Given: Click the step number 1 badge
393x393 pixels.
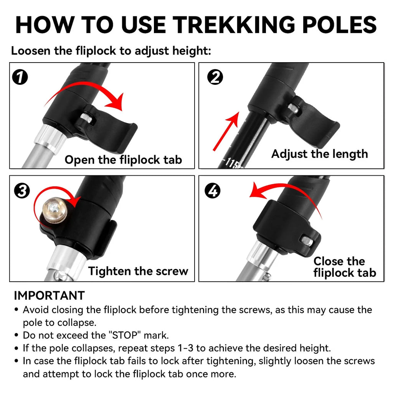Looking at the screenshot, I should [x=20, y=78].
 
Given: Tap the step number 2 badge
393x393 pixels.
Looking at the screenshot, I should [x=215, y=78].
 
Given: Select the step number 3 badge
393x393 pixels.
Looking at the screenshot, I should [x=22, y=191].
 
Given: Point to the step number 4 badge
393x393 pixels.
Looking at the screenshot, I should [x=213, y=191].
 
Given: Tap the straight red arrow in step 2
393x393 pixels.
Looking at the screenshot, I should [x=226, y=131].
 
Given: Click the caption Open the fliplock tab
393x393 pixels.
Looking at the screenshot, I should [x=123, y=160].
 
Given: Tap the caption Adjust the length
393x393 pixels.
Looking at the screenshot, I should [x=319, y=154].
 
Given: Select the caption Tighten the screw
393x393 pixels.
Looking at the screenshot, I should [x=138, y=271].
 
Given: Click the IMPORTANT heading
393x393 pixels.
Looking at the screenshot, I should [x=49, y=296].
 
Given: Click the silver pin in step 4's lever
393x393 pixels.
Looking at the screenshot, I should [x=306, y=240].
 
